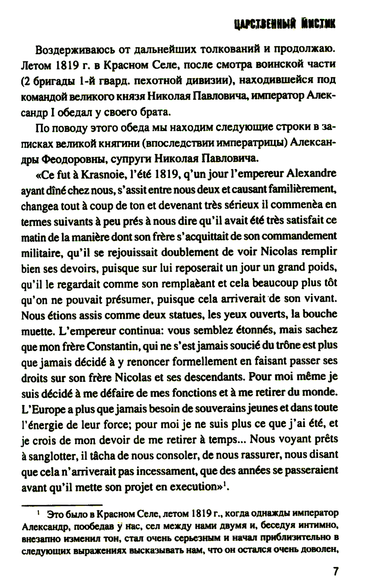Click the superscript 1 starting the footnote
coord(39,513)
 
